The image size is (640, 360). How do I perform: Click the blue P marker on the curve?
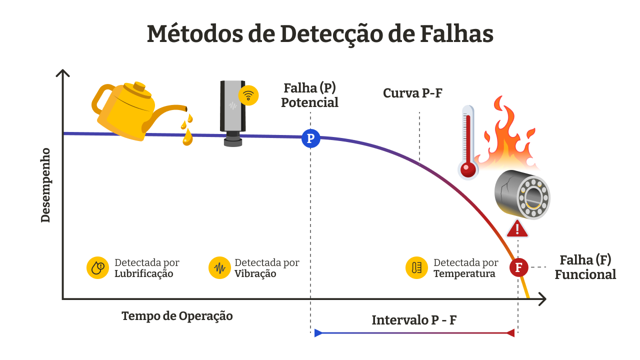pos(310,138)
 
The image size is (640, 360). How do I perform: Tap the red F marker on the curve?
pos(518,267)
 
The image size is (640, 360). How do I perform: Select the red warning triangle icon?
pos(517,228)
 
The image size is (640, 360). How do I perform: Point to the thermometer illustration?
pos(468,142)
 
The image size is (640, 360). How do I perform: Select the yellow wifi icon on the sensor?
pos(248,95)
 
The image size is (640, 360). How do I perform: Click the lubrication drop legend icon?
pos(97,267)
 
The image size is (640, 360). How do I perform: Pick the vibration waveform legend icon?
pos(219,267)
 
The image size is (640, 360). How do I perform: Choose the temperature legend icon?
pos(416,267)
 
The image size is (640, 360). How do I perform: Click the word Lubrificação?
pos(144,274)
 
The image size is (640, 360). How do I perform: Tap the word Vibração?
pos(255,274)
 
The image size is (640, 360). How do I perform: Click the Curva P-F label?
pos(412,93)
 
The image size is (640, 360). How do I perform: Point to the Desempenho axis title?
pos(45,185)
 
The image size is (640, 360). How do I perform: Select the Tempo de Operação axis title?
pos(177,316)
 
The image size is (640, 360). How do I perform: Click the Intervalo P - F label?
pos(413,320)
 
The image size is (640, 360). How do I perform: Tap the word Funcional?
pos(585,274)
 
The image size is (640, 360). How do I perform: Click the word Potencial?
pos(309,102)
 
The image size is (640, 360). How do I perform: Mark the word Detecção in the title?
pos(330,34)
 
